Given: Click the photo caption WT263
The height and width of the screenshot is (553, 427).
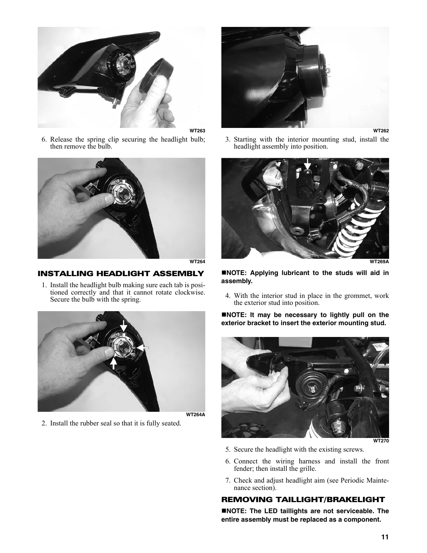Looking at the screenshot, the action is pos(197,131).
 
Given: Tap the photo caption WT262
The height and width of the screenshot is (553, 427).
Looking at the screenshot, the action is pos(381,131).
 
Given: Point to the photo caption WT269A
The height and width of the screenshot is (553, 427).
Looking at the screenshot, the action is pos(379,262).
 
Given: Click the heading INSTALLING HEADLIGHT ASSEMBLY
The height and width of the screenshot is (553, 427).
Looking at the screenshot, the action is pos(121,274).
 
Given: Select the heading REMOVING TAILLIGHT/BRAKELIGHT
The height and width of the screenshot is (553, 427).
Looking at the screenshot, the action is pos(303,500).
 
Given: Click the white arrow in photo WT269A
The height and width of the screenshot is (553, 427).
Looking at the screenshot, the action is pos(307,164).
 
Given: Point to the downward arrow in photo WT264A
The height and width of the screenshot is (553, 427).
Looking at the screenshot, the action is pos(123,326).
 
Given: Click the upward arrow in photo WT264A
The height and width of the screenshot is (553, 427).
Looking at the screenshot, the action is pos(113,363).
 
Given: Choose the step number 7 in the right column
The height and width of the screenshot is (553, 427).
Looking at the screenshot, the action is pos(227,480).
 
